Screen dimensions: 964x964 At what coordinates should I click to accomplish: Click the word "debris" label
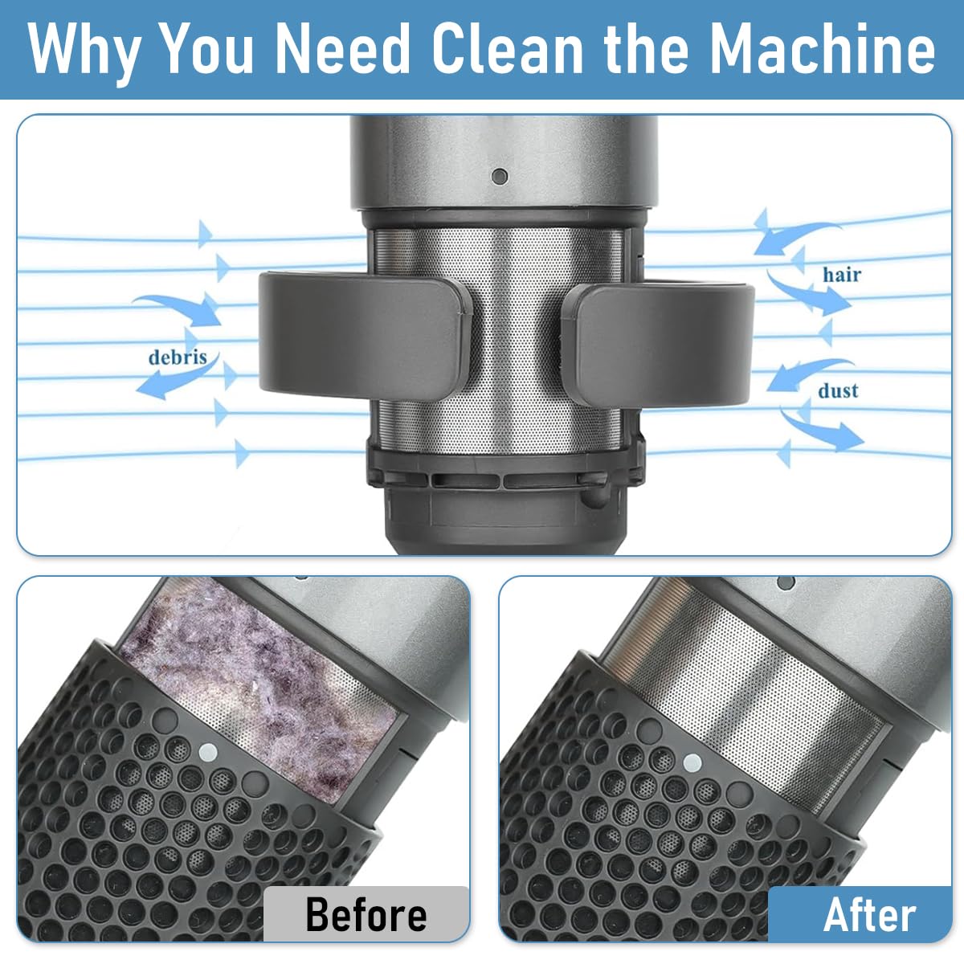178,357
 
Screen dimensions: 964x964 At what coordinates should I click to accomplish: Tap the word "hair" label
841,275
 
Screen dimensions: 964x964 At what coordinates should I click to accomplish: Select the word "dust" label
838,391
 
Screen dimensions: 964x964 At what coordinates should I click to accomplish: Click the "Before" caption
366,915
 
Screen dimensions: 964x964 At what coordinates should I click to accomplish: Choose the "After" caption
869,915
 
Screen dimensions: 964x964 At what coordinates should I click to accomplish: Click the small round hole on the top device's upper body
500,175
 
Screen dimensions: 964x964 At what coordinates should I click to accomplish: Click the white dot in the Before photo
208,753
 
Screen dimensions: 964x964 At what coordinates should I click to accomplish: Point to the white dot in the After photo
692,762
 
